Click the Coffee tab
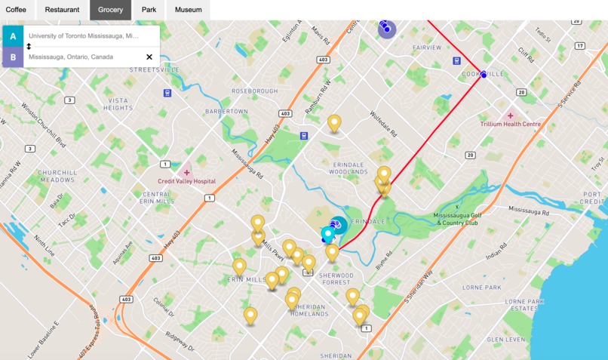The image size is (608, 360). [x=16, y=10]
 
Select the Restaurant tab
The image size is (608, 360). [x=62, y=10]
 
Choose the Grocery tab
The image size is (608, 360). [x=110, y=10]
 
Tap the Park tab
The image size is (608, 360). [x=149, y=10]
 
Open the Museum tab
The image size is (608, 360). [x=188, y=10]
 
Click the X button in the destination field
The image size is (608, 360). [x=149, y=57]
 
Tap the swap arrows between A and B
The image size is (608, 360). [x=29, y=46]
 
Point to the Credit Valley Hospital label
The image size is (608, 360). [x=186, y=181]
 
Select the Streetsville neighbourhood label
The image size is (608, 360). [x=154, y=69]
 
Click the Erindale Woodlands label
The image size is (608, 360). [x=348, y=168]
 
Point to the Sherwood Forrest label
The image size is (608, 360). [x=336, y=279]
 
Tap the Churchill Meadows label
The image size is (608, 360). [x=57, y=176]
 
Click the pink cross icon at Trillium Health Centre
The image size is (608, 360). [x=510, y=115]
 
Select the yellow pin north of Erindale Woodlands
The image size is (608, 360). [x=334, y=122]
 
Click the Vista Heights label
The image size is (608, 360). [x=118, y=104]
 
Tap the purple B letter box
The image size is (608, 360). [x=13, y=57]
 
